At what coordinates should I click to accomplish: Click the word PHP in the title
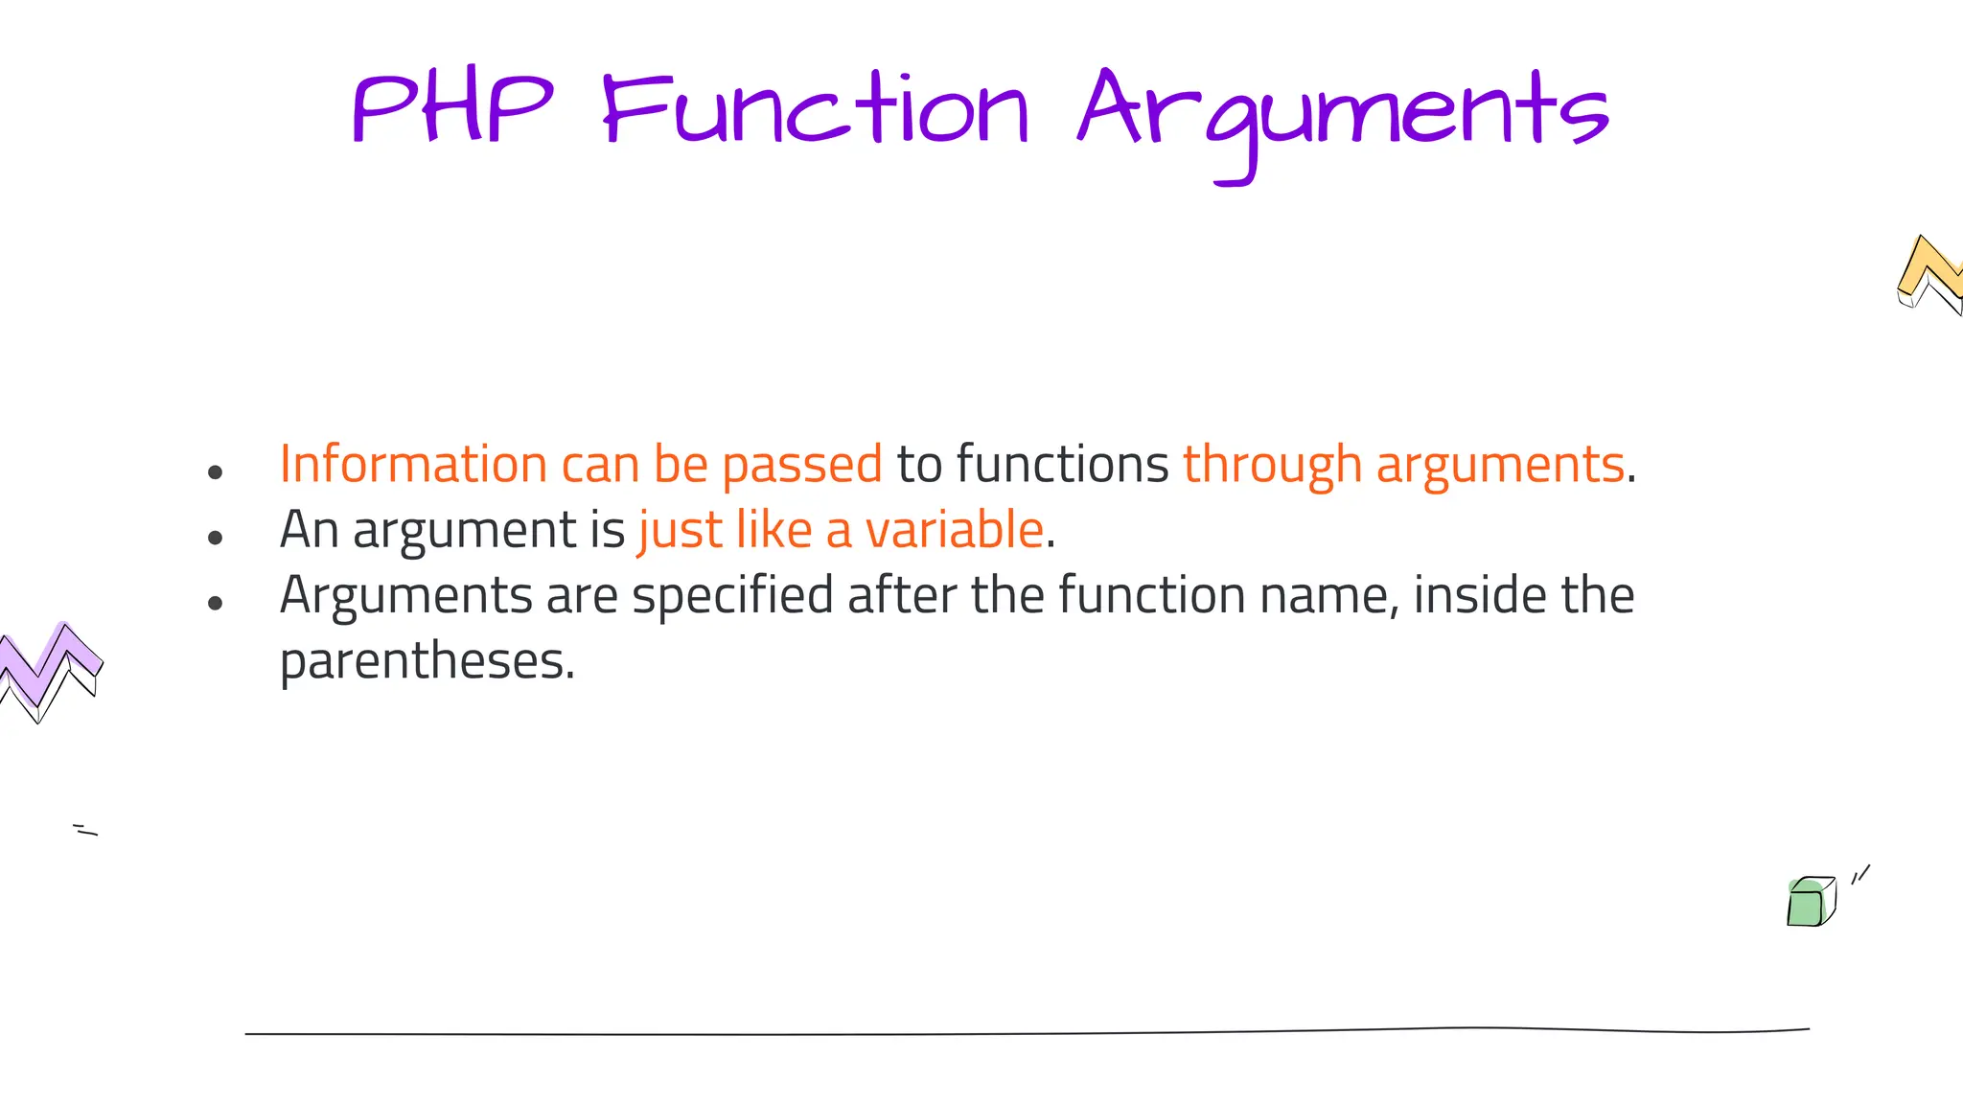[452, 110]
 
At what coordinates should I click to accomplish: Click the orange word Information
[413, 465]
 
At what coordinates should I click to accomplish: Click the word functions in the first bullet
[1062, 465]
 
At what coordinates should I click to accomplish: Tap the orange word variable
[954, 530]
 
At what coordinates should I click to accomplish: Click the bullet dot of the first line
[215, 472]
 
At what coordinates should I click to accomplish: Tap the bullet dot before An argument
[215, 538]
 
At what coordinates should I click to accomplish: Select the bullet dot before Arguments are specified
[215, 603]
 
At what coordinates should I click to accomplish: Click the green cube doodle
[1810, 902]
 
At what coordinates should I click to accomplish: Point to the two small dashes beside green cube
[1860, 874]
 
